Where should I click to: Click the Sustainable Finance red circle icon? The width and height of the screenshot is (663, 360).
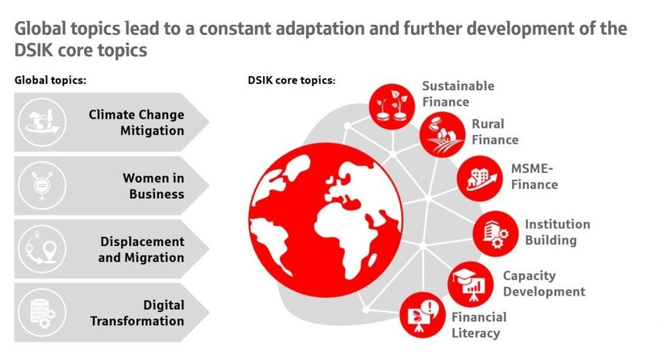point(392,106)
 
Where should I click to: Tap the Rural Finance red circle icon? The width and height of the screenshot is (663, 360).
point(442,134)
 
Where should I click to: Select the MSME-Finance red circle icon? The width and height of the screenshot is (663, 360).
point(479,178)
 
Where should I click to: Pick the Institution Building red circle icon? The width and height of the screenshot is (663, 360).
point(496,234)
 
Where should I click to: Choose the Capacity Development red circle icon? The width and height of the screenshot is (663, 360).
point(471,284)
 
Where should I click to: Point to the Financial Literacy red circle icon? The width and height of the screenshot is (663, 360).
point(423,315)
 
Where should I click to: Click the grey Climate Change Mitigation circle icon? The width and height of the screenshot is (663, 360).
point(42,123)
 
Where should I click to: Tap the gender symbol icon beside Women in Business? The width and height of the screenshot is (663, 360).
point(42,185)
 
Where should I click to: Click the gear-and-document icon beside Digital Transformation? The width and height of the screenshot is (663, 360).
point(42,312)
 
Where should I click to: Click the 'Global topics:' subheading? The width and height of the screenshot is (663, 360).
point(50,81)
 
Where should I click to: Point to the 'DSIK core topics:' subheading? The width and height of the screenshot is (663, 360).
point(292,81)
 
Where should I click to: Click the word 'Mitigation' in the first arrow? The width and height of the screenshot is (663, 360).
point(152,131)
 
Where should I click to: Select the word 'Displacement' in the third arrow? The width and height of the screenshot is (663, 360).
point(142,242)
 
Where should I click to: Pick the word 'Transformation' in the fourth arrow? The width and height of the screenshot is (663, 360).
point(137,321)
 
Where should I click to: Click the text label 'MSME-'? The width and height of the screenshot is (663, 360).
point(532,169)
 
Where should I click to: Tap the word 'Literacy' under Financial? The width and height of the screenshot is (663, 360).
point(475,334)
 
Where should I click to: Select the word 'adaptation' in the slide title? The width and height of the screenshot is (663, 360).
point(319,29)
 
